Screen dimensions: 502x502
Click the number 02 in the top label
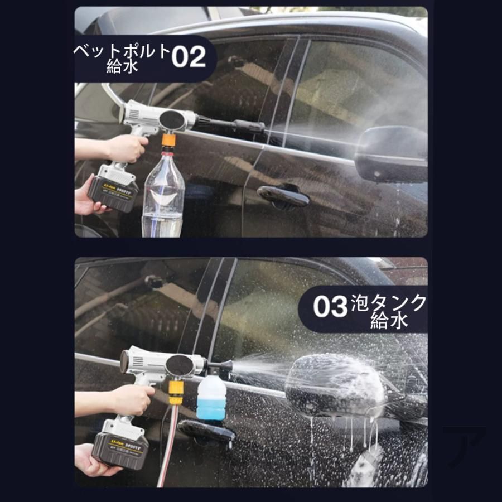click(189, 57)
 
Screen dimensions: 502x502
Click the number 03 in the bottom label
click(330, 307)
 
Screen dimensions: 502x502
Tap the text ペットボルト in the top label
click(122, 51)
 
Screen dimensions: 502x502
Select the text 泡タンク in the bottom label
click(389, 303)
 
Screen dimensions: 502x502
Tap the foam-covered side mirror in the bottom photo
click(335, 385)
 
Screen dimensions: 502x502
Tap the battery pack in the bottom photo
click(120, 447)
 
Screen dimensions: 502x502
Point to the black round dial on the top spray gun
click(172, 120)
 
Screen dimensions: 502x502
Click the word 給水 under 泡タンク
click(389, 321)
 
